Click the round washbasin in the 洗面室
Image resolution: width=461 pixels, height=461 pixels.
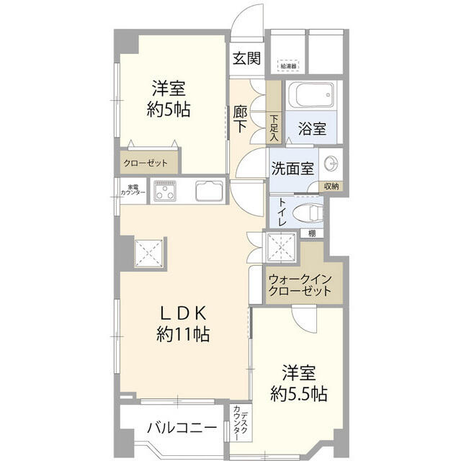click(x=331, y=164)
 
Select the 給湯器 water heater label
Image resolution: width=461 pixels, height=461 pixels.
click(x=288, y=66)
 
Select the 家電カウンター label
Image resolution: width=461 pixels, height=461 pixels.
click(x=133, y=191)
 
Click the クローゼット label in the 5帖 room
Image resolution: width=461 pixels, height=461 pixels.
click(x=146, y=163)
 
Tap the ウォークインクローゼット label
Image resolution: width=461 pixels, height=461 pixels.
click(x=299, y=285)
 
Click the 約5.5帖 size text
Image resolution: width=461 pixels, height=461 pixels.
click(x=299, y=394)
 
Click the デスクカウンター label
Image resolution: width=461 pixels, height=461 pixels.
click(x=241, y=424)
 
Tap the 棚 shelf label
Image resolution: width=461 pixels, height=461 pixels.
click(x=311, y=233)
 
